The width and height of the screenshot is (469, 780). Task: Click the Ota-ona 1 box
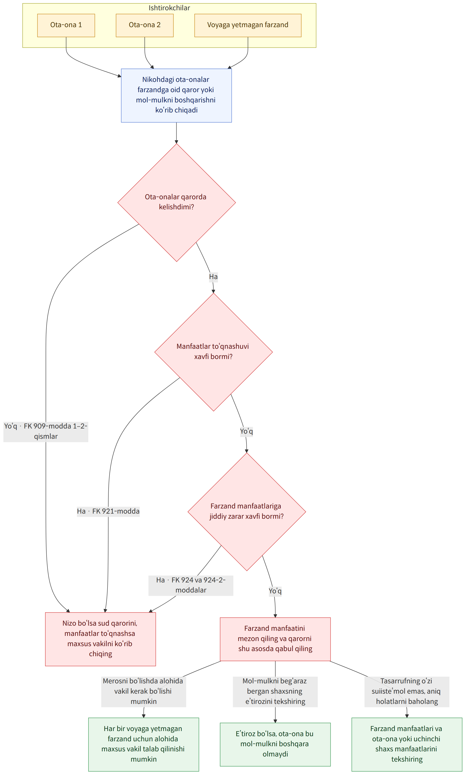click(x=66, y=25)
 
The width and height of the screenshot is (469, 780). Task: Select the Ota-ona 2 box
click(x=145, y=25)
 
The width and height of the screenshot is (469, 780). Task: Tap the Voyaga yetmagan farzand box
click(x=248, y=25)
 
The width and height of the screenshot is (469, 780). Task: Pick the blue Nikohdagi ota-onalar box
click(x=176, y=95)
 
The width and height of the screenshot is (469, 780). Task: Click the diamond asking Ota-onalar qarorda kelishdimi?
click(x=177, y=202)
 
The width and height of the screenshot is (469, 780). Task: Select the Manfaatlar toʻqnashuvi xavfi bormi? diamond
click(x=214, y=352)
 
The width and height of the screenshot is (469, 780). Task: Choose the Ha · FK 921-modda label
click(x=108, y=511)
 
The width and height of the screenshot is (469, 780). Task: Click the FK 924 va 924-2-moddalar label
click(x=191, y=585)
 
